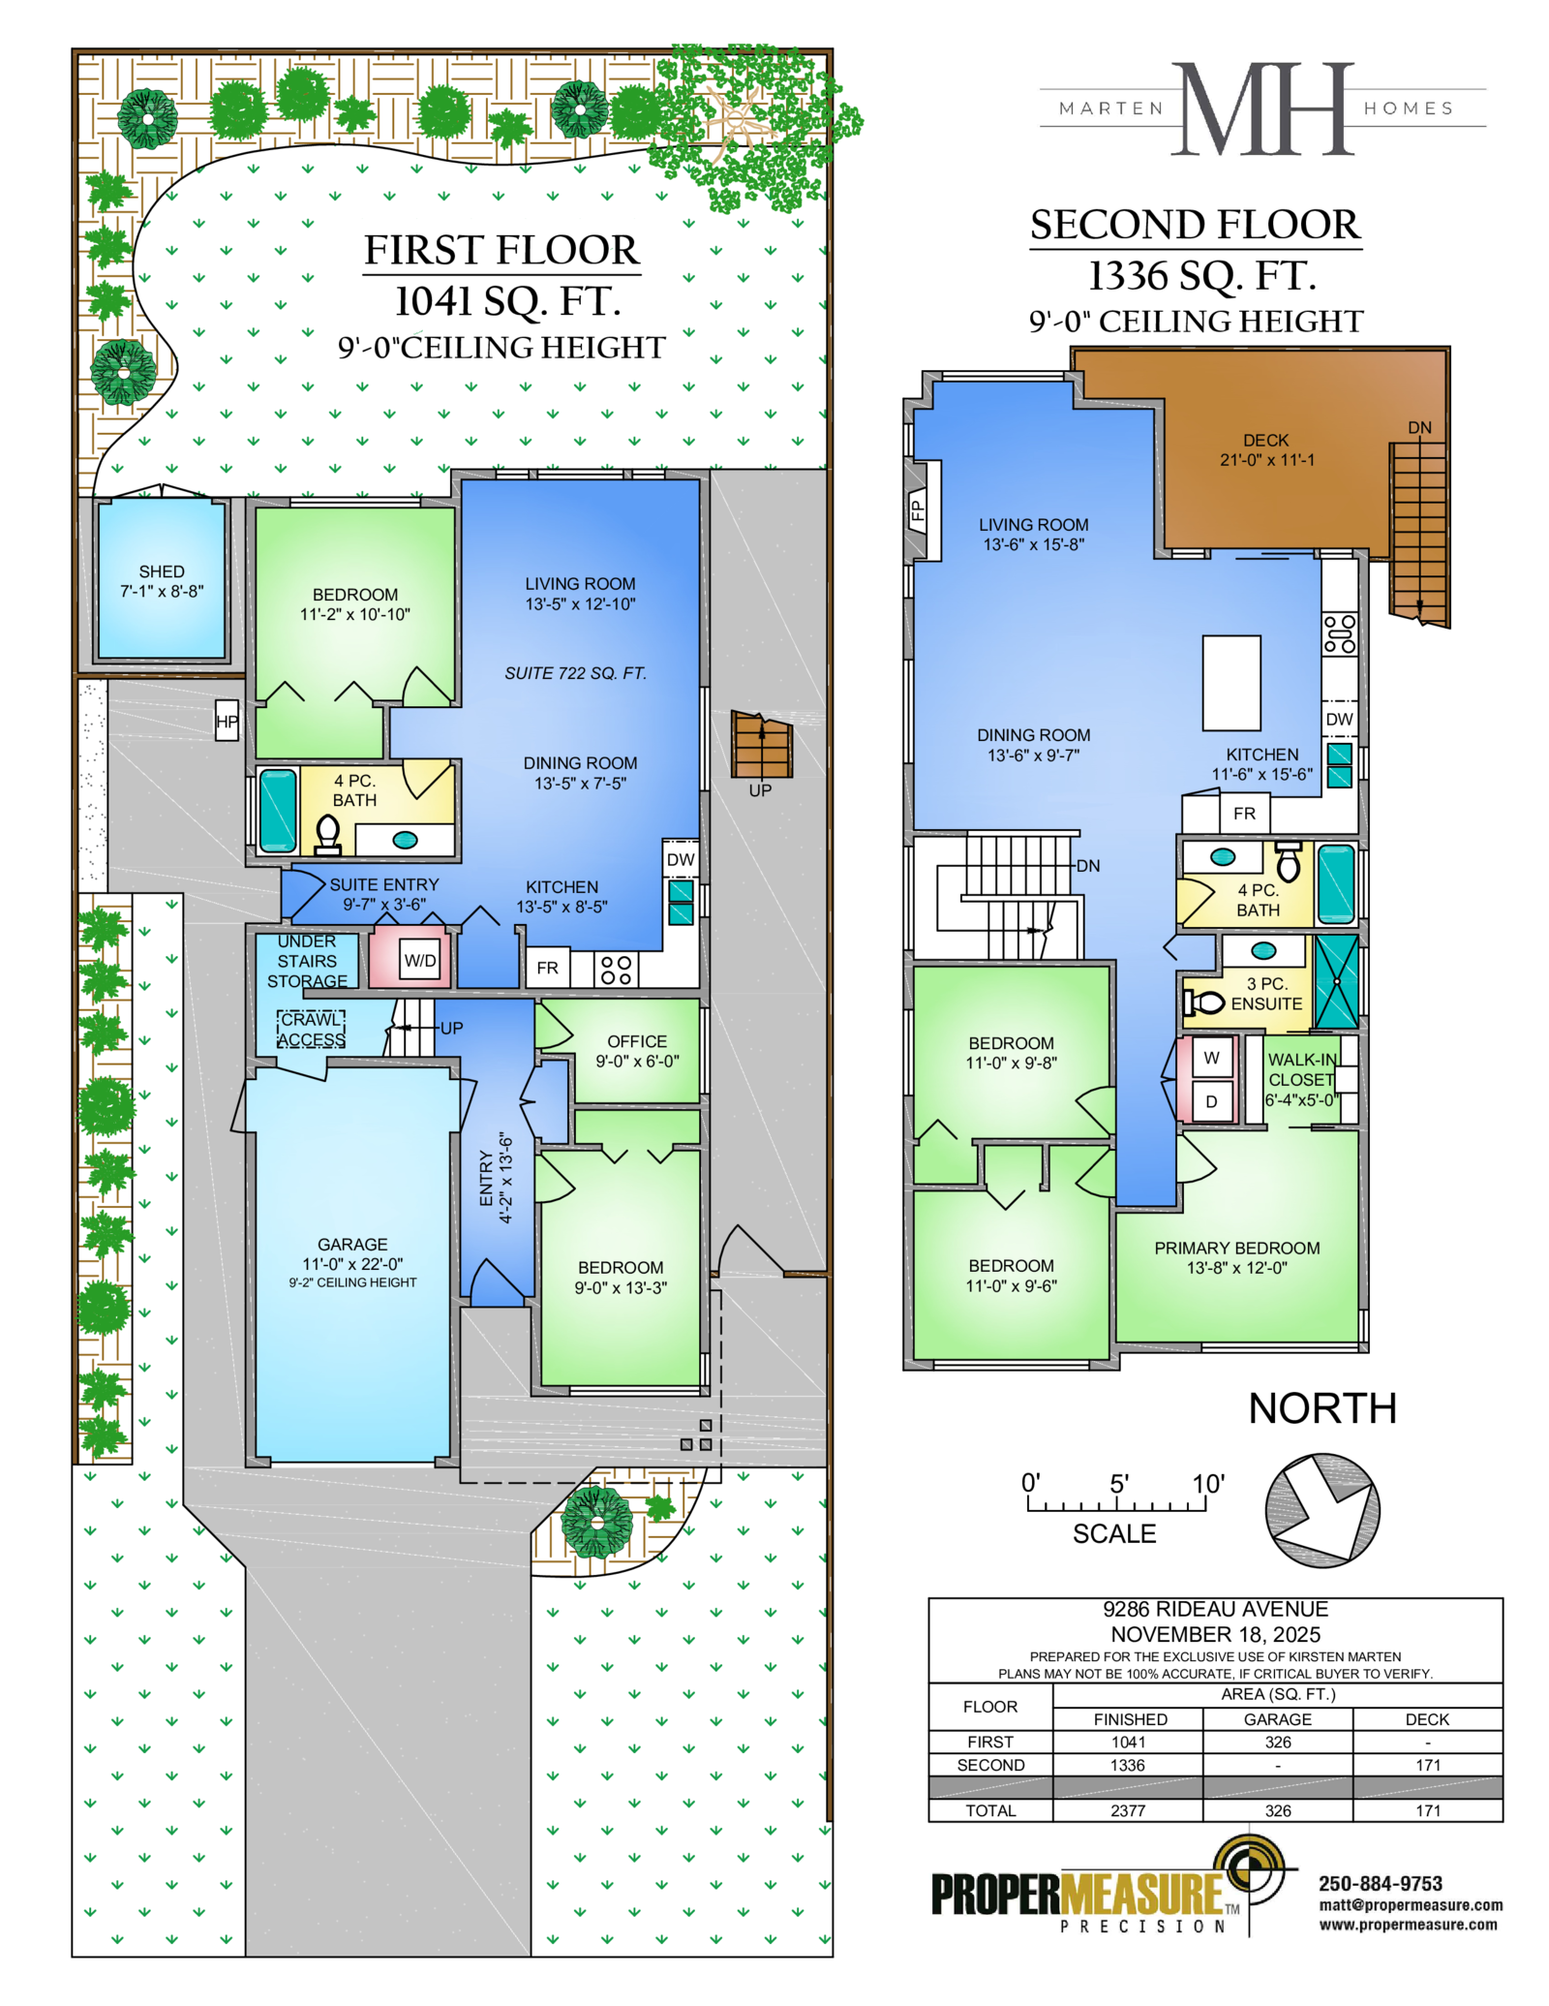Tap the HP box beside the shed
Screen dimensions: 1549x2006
[227, 721]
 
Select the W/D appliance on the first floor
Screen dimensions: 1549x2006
[420, 960]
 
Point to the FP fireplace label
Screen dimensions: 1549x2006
[918, 509]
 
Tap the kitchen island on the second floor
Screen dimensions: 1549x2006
[1231, 683]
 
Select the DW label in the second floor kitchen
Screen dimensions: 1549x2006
[1339, 719]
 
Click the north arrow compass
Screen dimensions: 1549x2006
[1322, 1510]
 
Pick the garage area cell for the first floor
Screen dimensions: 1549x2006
[1278, 1742]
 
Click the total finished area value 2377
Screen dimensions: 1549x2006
[1128, 1810]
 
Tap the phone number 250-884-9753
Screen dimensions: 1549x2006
[1381, 1884]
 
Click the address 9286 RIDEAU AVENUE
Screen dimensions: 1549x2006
[1215, 1609]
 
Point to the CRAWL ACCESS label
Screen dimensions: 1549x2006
[311, 1029]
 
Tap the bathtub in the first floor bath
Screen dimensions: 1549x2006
[278, 811]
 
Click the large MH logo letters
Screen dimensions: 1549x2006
[1263, 108]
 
